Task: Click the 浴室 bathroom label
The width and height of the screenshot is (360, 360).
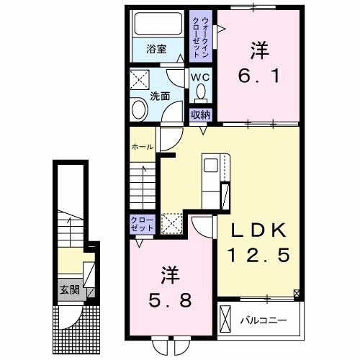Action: (156, 50)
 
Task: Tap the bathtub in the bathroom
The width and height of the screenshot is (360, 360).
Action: (158, 24)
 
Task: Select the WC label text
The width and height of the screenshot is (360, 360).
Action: (200, 77)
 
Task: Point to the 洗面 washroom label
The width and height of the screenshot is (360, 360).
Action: (160, 96)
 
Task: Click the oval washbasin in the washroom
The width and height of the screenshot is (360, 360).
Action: (139, 109)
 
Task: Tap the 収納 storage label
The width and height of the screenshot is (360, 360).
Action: (200, 115)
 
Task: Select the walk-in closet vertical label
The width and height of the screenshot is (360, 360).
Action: (201, 37)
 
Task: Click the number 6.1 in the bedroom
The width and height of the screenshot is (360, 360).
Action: (258, 76)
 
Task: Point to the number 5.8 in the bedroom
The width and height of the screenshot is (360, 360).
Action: (171, 300)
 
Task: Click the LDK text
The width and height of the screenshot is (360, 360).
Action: (258, 230)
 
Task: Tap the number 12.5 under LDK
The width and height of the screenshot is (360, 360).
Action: (258, 255)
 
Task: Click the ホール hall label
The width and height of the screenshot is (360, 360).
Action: (143, 147)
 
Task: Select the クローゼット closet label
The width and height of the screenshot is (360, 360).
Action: (142, 224)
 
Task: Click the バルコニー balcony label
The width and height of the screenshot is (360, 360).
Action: (264, 320)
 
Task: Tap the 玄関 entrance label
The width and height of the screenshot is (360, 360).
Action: (69, 290)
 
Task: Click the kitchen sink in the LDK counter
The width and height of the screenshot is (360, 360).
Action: (210, 166)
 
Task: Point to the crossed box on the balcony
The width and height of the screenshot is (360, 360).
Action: (225, 319)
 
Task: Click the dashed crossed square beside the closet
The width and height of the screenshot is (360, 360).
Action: (171, 224)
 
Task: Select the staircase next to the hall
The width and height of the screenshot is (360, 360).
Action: (143, 186)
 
